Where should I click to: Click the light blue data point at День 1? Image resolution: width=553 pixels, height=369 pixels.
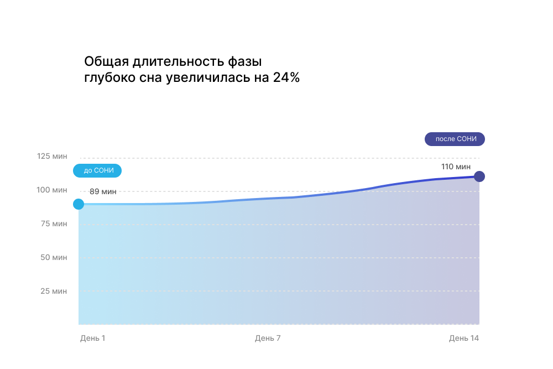79,204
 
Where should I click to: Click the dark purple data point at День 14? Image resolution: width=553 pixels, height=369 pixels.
479,176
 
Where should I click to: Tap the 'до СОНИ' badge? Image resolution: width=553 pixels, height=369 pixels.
98,170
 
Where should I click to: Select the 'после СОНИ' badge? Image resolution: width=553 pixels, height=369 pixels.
455,139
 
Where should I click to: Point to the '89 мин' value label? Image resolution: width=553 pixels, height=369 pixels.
103,191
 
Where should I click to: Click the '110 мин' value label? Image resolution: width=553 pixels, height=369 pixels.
456,167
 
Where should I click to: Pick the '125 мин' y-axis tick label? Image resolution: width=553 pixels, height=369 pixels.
52,157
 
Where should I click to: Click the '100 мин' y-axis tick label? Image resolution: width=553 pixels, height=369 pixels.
52,190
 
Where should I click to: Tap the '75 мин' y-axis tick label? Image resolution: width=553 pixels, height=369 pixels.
54,224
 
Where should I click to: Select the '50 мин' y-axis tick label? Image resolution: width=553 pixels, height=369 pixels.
54,258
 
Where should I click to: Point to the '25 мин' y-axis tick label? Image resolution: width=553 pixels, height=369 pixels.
54,292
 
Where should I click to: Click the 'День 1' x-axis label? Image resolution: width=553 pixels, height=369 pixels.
92,338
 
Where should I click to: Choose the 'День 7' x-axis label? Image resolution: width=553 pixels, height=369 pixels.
268,338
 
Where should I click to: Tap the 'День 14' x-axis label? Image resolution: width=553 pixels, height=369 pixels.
463,338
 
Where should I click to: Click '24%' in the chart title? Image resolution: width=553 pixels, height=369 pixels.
286,77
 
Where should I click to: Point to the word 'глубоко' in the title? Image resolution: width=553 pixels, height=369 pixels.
108,78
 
